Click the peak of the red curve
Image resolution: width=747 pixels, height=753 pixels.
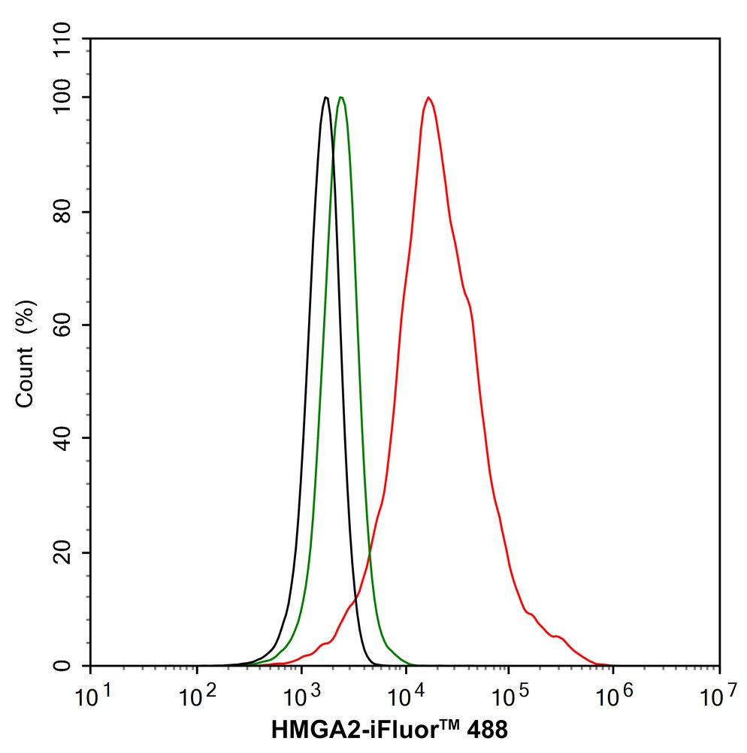click(428, 98)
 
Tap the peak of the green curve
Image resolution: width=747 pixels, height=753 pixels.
click(341, 98)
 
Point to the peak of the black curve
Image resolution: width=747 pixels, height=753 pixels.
click(325, 98)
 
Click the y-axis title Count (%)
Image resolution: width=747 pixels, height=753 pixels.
click(26, 352)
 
